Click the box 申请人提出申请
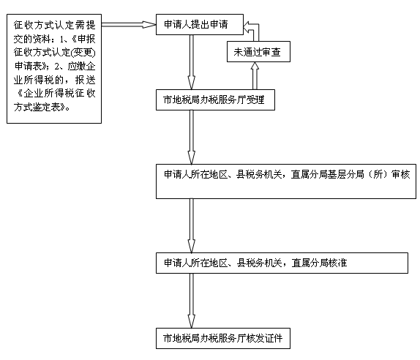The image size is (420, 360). click(x=200, y=25)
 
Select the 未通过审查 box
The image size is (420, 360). click(x=258, y=52)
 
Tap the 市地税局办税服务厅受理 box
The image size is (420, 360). click(x=215, y=100)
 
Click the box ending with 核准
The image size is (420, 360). click(x=282, y=263)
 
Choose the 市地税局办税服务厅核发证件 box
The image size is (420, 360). click(x=223, y=338)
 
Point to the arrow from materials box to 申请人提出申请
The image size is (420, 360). click(x=129, y=25)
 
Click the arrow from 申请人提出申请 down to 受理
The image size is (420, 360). click(x=191, y=62)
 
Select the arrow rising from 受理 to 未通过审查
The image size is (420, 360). click(x=255, y=76)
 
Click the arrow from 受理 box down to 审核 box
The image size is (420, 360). click(x=191, y=137)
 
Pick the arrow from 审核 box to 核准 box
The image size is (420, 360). click(x=191, y=225)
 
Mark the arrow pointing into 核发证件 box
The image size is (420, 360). click(x=191, y=301)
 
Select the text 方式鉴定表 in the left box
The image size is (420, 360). click(x=37, y=107)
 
